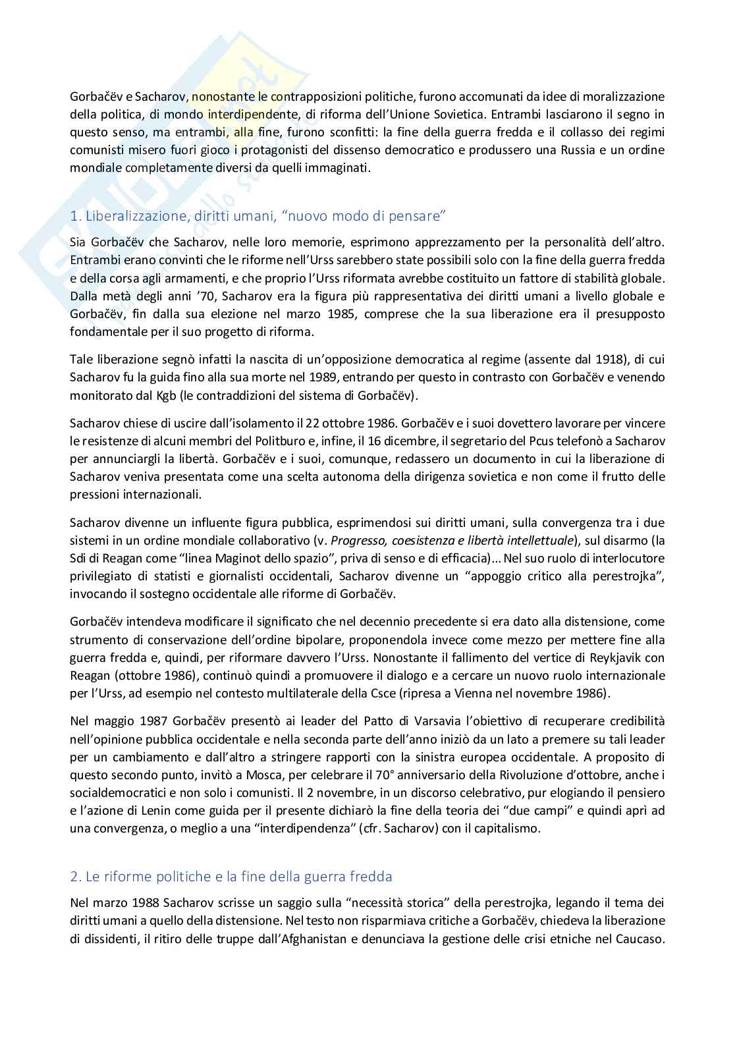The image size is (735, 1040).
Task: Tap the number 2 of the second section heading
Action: coord(74,877)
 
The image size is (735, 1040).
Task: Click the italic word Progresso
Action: coord(358,541)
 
